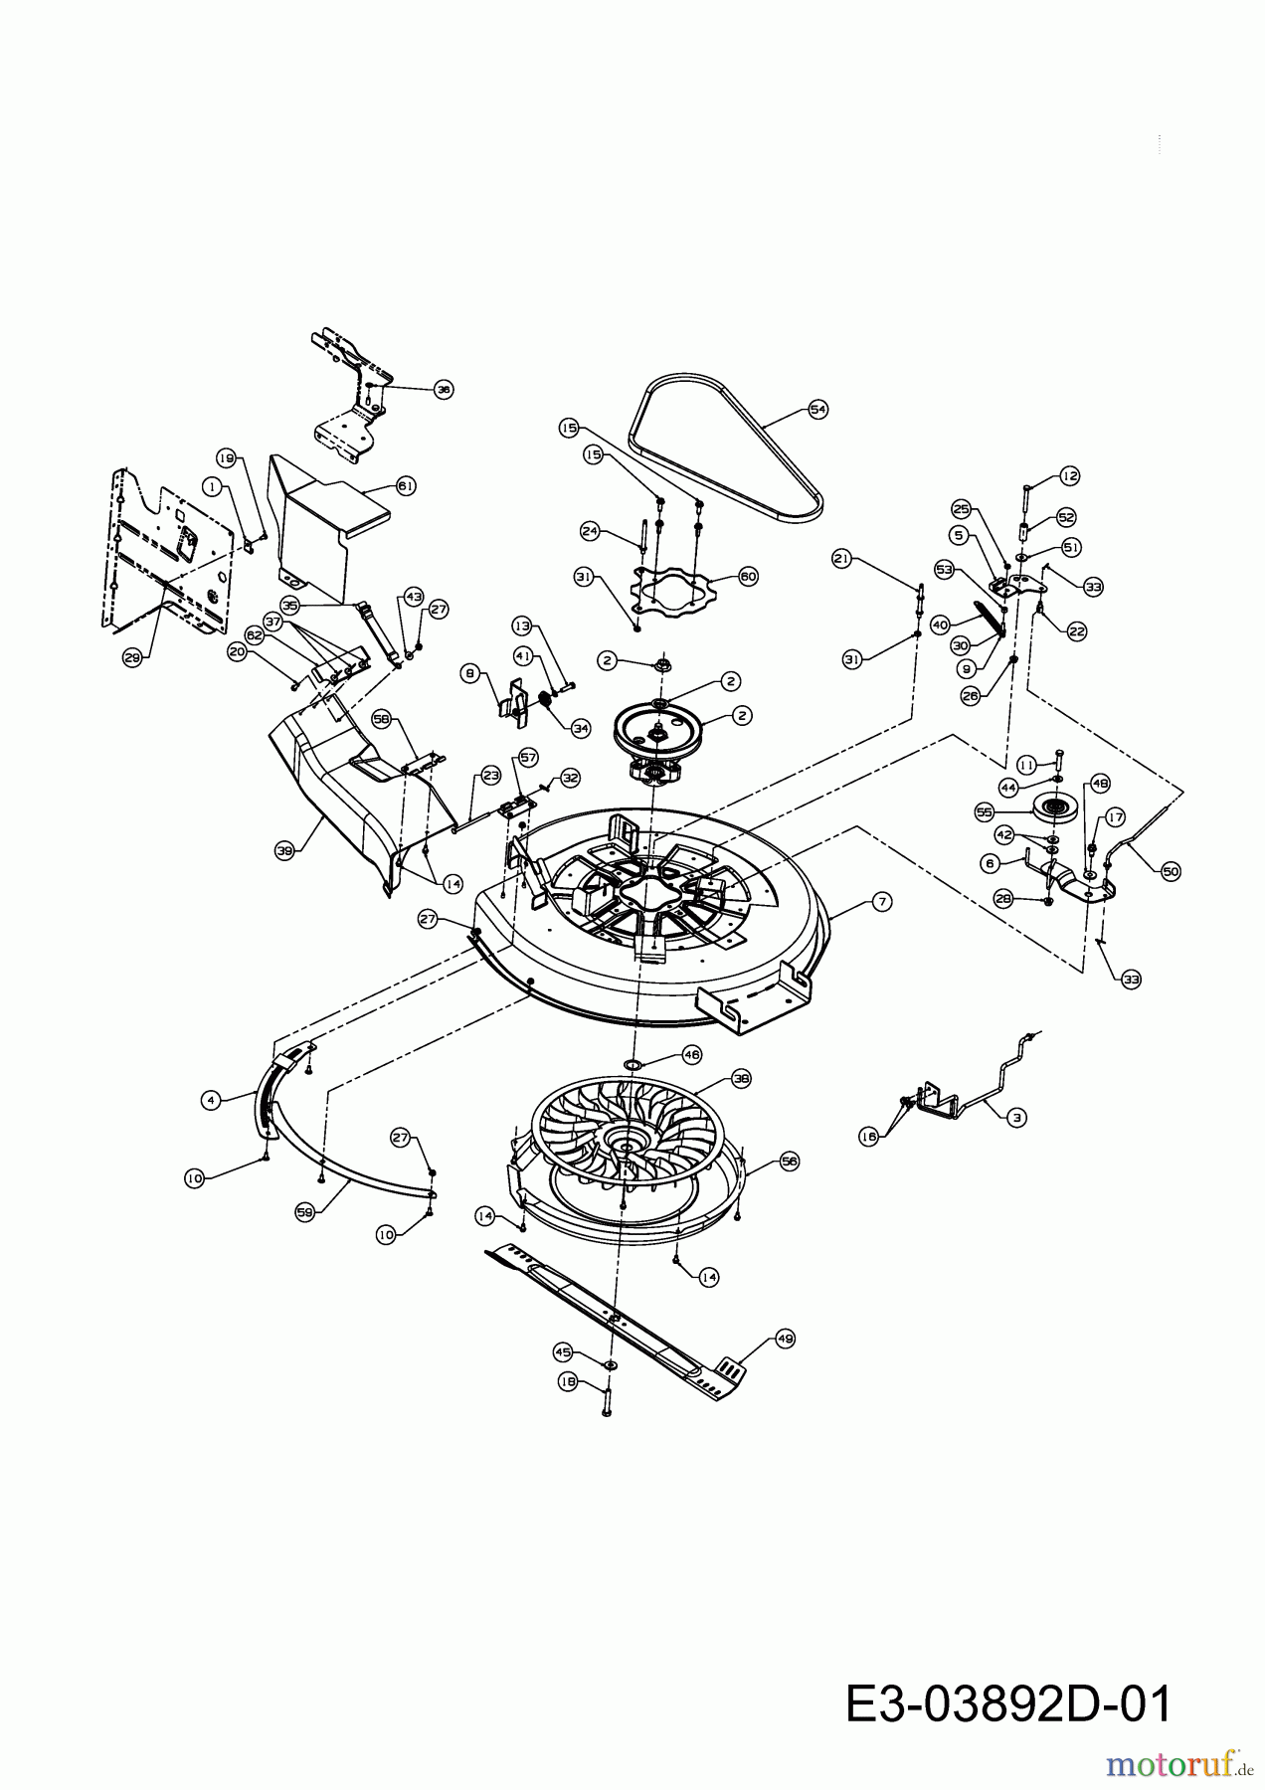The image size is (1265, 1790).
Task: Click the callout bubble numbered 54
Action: tap(818, 409)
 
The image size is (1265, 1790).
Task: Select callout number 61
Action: tap(406, 486)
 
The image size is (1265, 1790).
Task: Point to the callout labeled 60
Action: tap(748, 577)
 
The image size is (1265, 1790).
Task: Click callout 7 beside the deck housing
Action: tap(881, 902)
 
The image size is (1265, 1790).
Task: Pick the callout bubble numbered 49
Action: tap(786, 1340)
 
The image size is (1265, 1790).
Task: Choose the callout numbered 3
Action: tap(1014, 1118)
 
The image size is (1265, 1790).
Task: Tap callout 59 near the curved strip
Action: tap(306, 1212)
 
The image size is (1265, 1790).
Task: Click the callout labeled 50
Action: tap(1171, 871)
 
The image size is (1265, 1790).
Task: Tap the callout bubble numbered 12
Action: tap(1069, 476)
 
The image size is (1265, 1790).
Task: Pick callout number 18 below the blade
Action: tap(568, 1381)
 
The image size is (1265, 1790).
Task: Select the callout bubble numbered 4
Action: tap(210, 1100)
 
